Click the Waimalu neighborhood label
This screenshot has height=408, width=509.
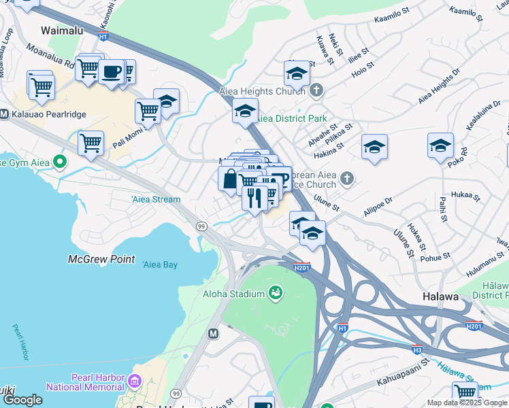(x=62, y=31)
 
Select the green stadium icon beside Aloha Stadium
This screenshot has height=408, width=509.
(x=276, y=293)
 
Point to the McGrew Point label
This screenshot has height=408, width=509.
(x=101, y=260)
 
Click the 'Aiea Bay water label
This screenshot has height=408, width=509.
(x=161, y=265)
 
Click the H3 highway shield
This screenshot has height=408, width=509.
(x=417, y=350)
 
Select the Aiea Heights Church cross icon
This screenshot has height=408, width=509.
(x=315, y=90)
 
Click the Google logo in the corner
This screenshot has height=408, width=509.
(x=22, y=400)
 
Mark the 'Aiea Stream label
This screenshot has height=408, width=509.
(x=156, y=199)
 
